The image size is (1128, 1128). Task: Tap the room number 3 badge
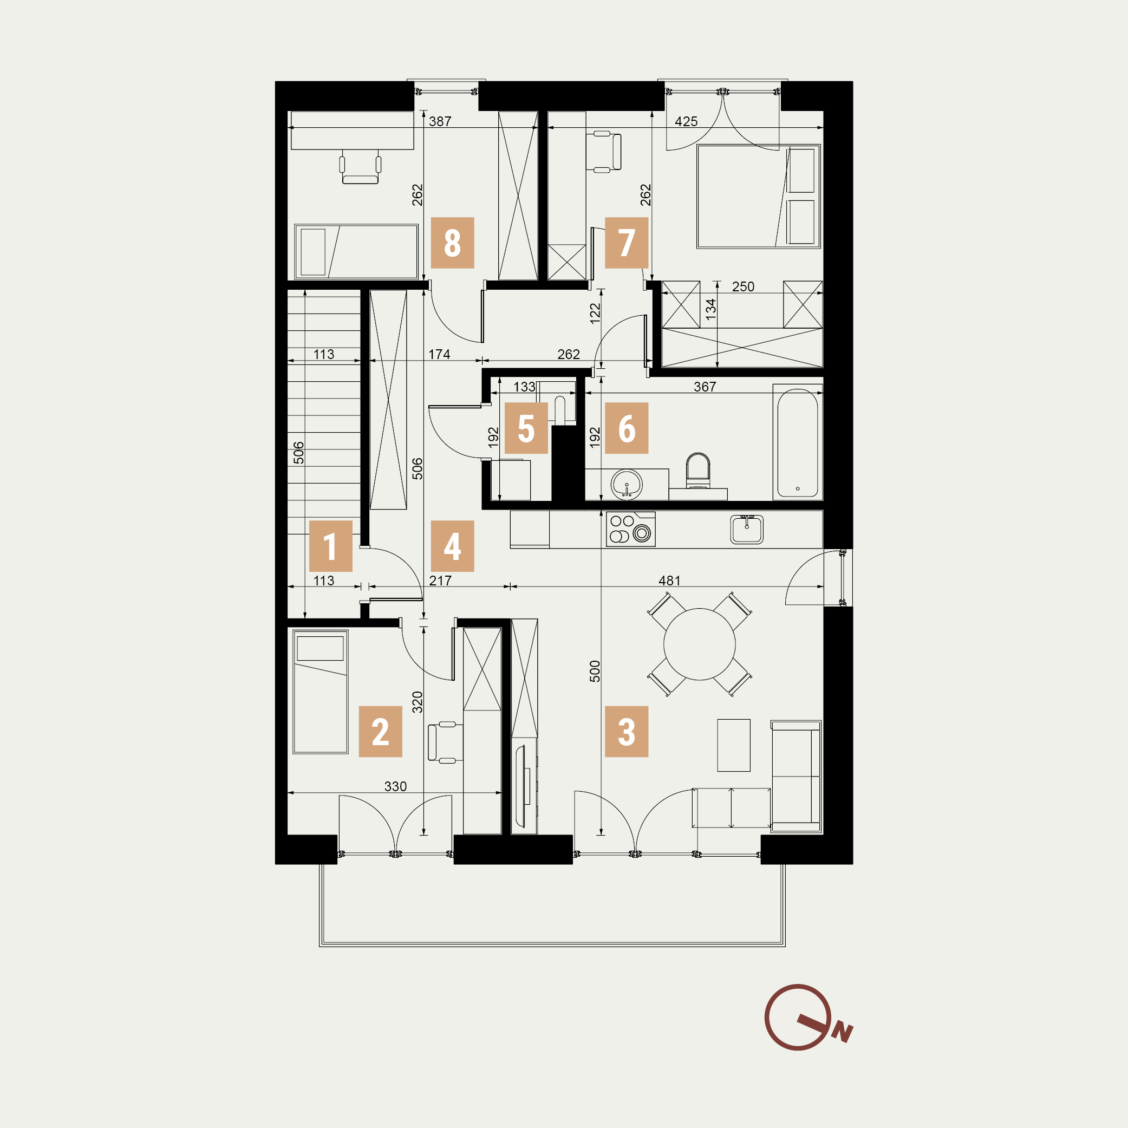point(627,731)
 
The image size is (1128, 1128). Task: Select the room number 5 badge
point(526,428)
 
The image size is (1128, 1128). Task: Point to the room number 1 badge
point(330,546)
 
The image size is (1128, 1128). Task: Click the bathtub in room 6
point(798,442)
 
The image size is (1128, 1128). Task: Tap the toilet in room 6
point(697,471)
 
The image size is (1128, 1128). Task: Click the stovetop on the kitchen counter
point(630,529)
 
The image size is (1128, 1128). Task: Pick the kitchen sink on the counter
point(747,529)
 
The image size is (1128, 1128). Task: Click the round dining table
point(700,644)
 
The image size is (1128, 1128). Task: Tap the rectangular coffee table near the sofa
point(734,745)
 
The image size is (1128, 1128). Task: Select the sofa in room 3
point(797,776)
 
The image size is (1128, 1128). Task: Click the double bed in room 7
point(759,197)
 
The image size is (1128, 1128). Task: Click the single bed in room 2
point(321,692)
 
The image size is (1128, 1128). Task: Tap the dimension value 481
point(670,581)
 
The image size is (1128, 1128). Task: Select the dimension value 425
point(686,121)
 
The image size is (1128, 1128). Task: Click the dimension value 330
point(395,786)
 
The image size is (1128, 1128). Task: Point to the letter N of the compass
point(843,1033)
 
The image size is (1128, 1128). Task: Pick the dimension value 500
point(595,671)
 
